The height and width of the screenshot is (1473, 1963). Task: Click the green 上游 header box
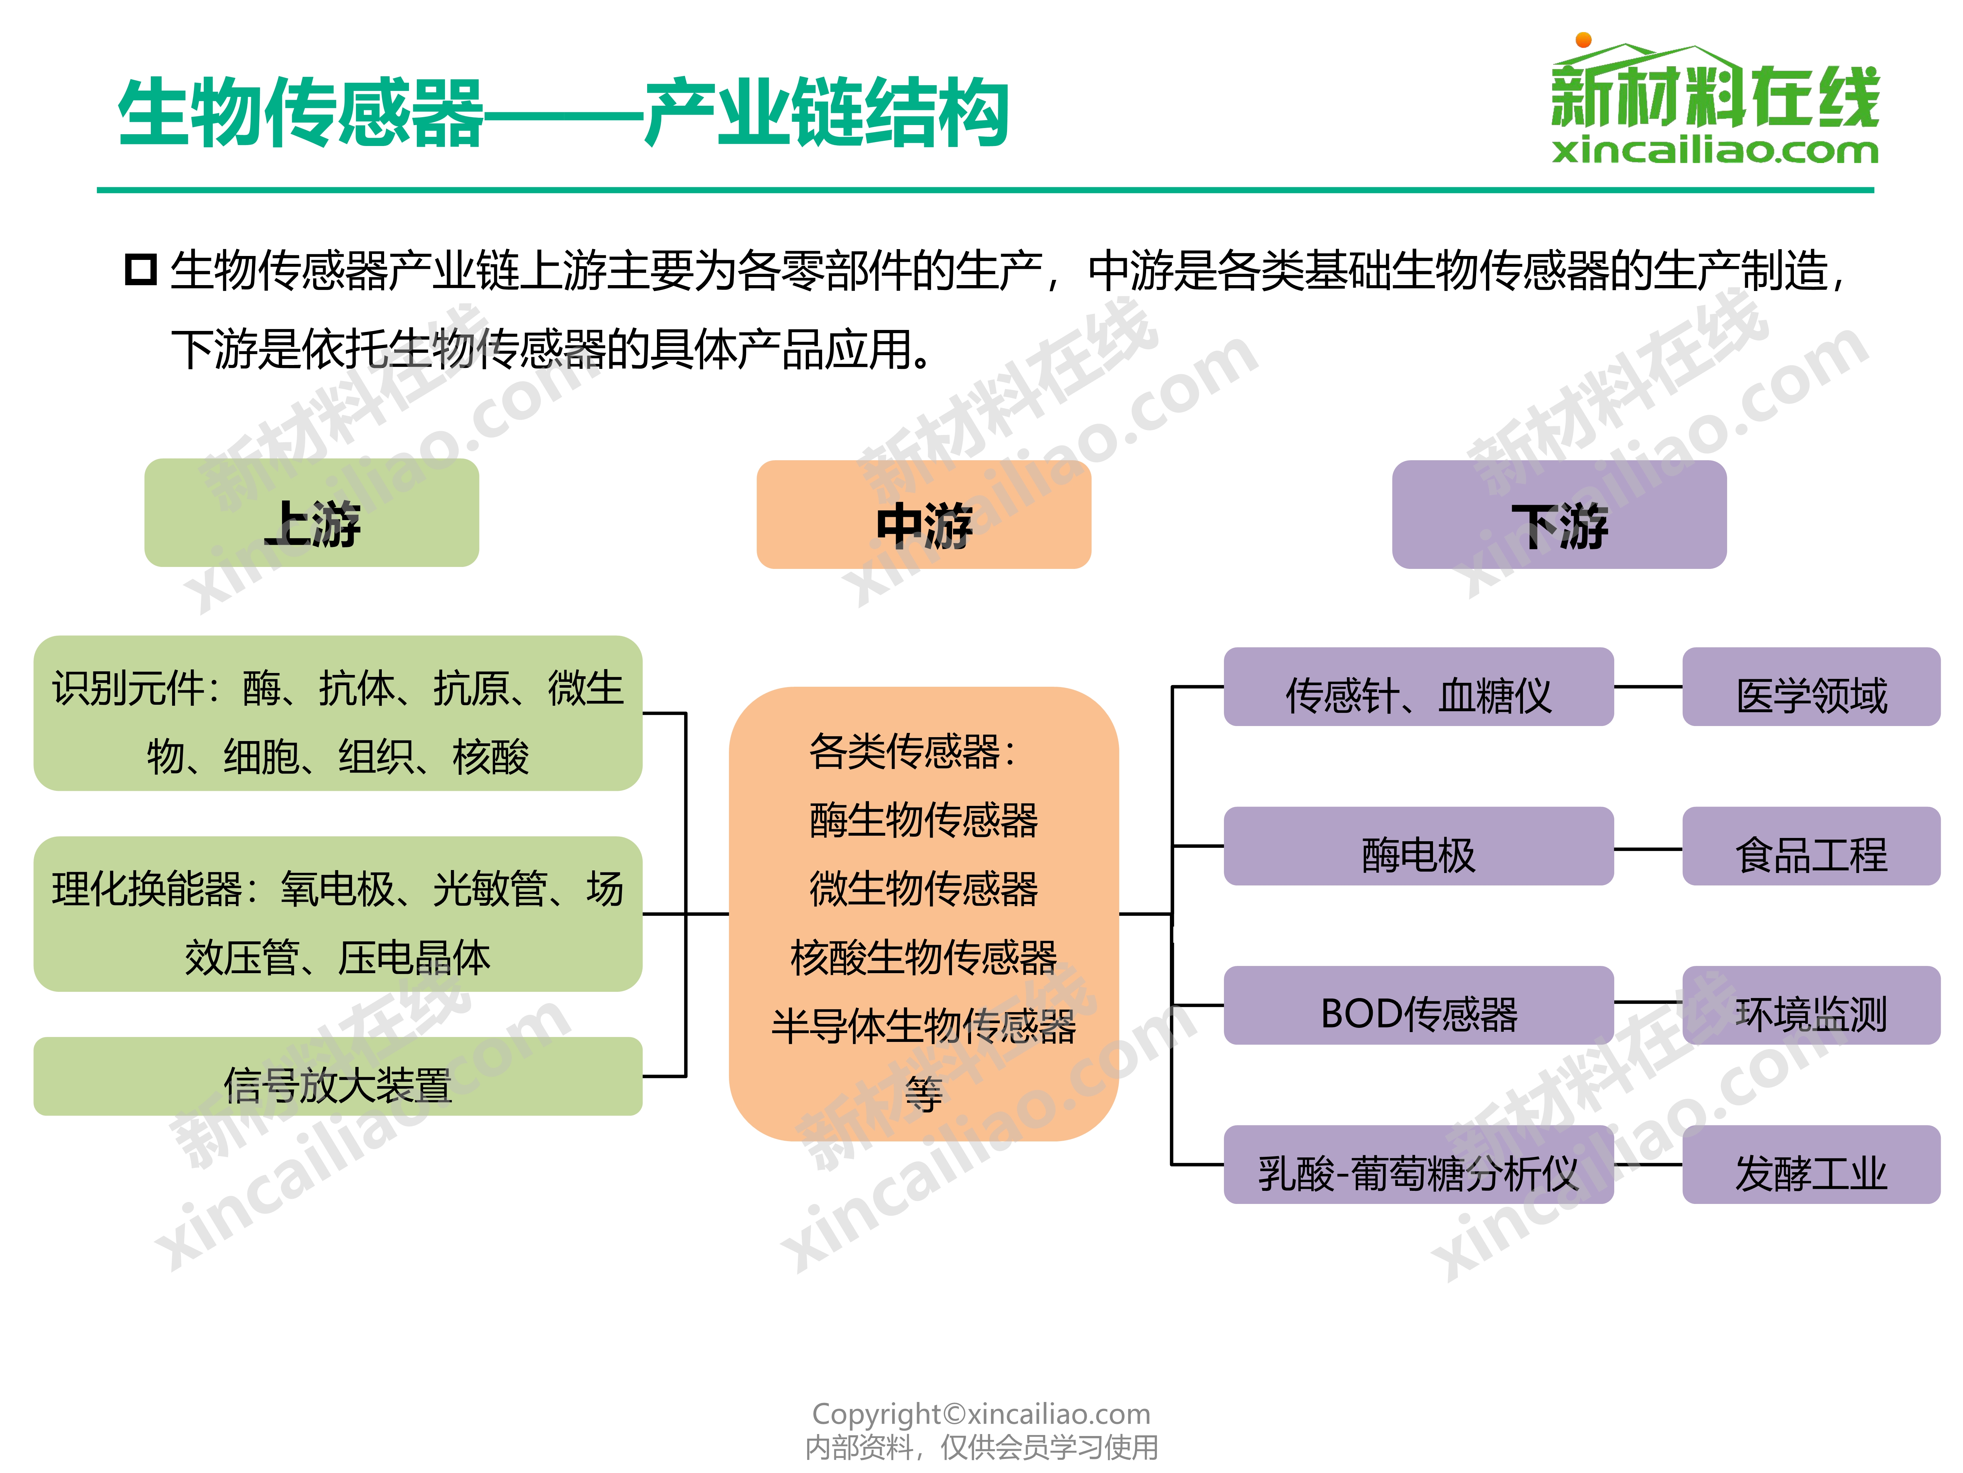311,513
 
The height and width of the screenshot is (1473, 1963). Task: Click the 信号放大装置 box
338,1076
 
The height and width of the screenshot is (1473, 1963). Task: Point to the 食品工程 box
1811,846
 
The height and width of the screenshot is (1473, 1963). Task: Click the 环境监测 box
1811,1005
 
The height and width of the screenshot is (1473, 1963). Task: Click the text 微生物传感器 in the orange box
924,888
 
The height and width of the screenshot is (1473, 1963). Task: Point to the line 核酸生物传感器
924,957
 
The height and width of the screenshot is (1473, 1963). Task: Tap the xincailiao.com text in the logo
1715,150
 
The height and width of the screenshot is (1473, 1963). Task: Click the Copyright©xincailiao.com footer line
981,1413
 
